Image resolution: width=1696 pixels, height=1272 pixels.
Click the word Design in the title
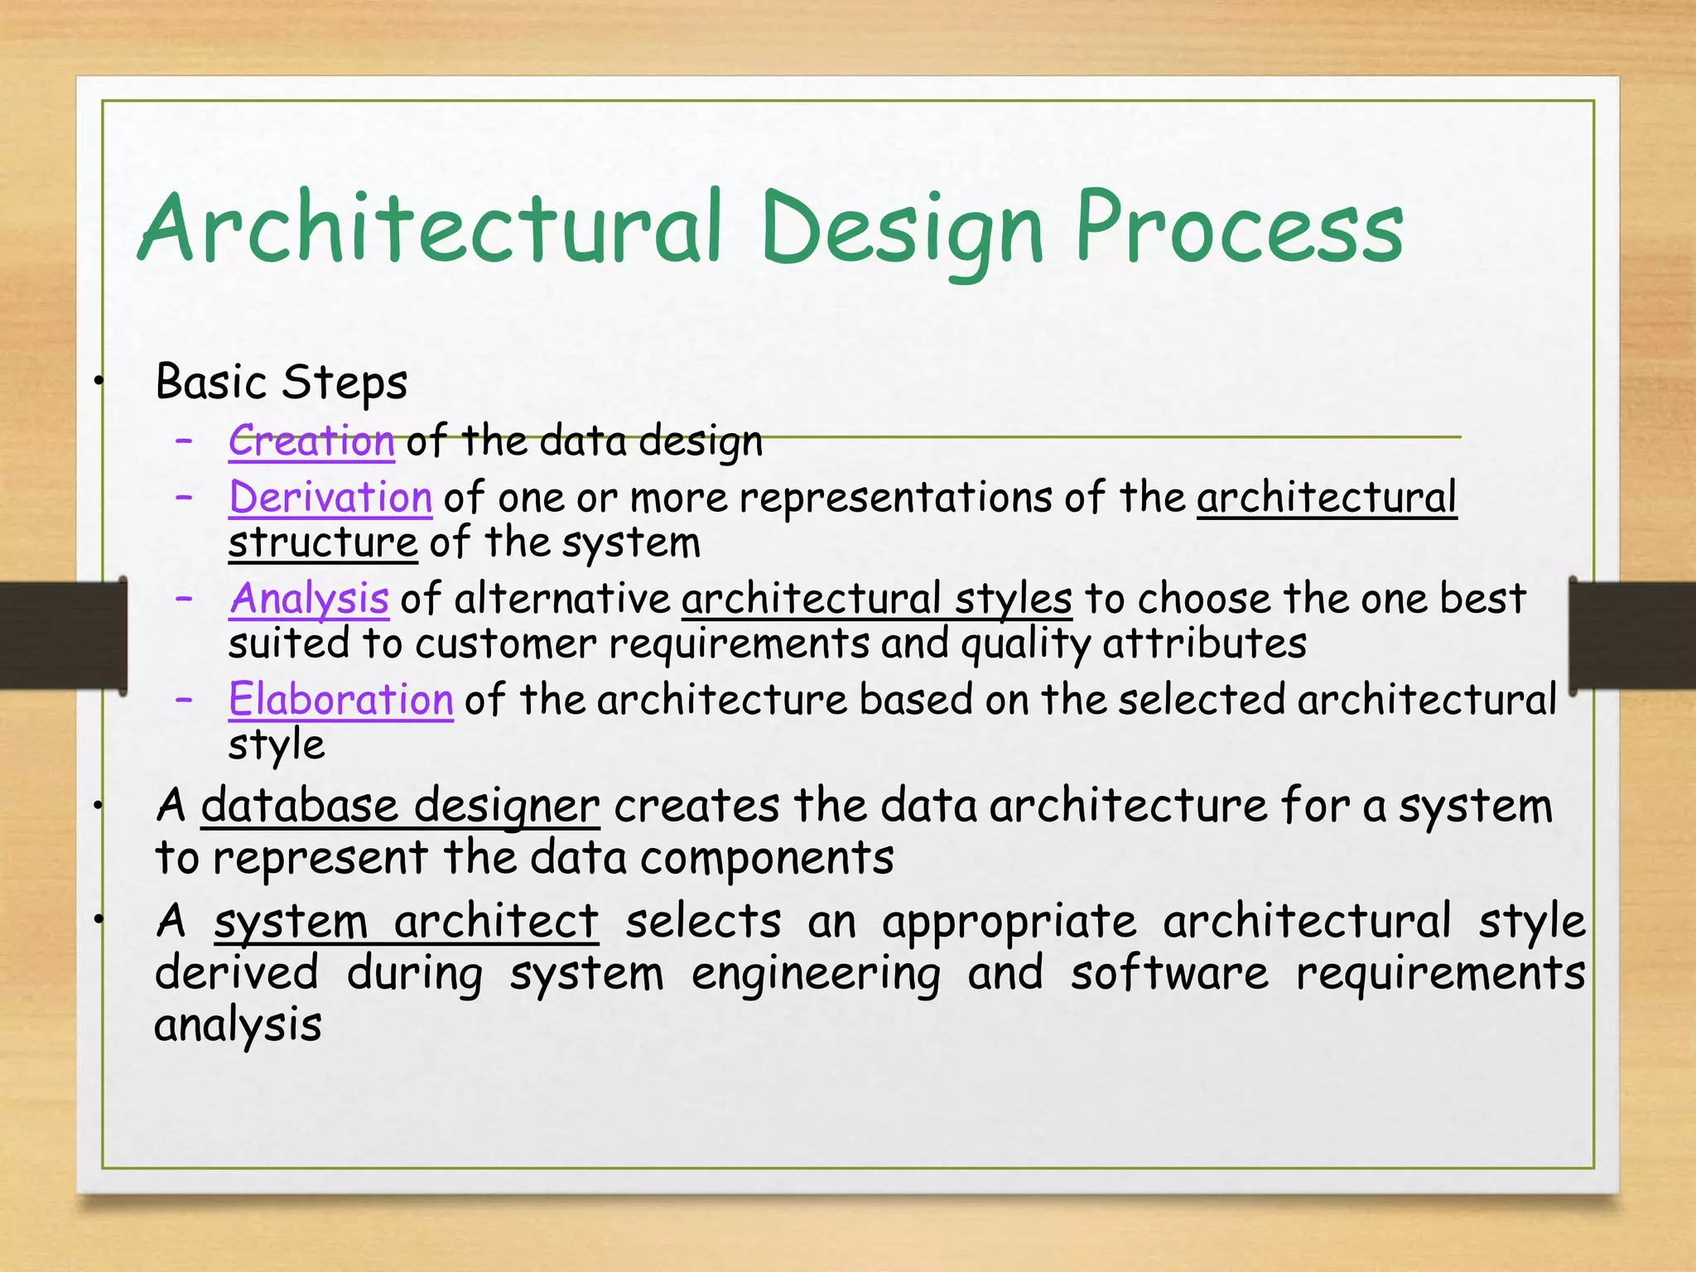902,228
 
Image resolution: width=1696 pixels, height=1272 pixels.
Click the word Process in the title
1239,228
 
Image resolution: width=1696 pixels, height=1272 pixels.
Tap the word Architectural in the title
431,228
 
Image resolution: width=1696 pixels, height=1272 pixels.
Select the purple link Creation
311,441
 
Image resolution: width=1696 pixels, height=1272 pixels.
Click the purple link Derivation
330,498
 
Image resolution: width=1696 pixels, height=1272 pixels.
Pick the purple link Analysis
309,599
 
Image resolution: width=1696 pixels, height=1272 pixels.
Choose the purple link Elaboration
340,700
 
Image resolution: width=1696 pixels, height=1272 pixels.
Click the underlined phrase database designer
400,806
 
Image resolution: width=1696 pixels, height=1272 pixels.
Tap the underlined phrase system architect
406,922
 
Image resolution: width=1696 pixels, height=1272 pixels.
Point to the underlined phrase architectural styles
877,599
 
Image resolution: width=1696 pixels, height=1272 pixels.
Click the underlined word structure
323,543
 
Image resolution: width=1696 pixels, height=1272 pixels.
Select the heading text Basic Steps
282,383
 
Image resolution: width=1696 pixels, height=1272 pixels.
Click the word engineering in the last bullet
816,974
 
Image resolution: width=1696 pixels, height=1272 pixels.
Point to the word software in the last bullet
1168,974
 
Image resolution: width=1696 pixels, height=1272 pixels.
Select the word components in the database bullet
767,858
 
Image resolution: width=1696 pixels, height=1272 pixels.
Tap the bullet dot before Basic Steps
99,382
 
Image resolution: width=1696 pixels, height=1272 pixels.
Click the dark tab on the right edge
1632,634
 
